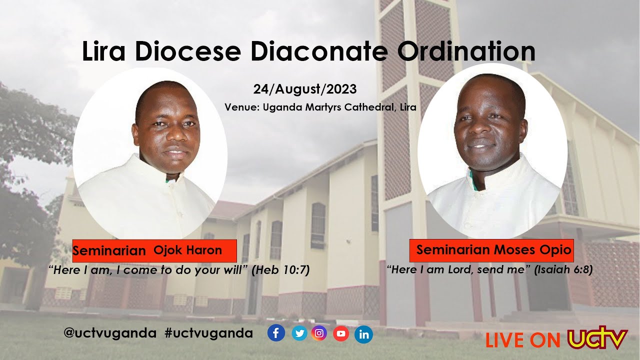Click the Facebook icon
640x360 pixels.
pyautogui.click(x=276, y=333)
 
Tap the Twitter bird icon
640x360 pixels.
pyautogui.click(x=299, y=333)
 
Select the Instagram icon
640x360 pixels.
pyautogui.click(x=319, y=333)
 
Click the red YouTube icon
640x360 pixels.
pyautogui.click(x=340, y=333)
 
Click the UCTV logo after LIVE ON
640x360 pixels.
pyautogui.click(x=597, y=338)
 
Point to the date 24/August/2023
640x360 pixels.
pyautogui.click(x=304, y=89)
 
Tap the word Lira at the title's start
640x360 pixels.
pyautogui.click(x=104, y=51)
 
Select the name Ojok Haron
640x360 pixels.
pyautogui.click(x=187, y=250)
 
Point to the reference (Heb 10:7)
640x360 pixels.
pyautogui.click(x=280, y=270)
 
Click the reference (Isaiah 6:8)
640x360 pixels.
pyautogui.click(x=563, y=270)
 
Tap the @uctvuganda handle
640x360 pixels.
pyautogui.click(x=110, y=333)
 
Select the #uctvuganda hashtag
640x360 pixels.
pyautogui.click(x=208, y=333)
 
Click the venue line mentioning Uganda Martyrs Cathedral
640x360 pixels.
pyautogui.click(x=320, y=107)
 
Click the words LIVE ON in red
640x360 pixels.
pyautogui.click(x=523, y=340)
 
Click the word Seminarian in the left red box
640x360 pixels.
pyautogui.click(x=109, y=251)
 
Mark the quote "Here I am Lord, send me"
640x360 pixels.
pyautogui.click(x=459, y=270)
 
